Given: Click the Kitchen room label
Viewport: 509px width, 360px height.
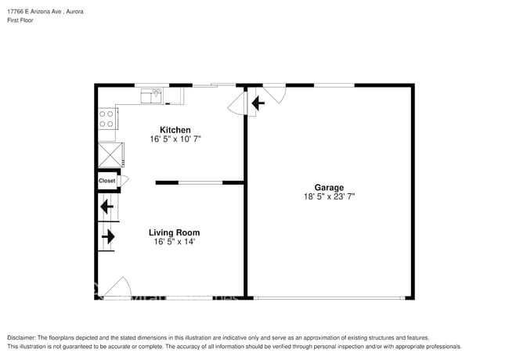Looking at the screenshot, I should click(175, 130).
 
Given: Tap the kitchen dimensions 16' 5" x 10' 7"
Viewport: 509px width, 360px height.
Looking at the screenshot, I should click(175, 139).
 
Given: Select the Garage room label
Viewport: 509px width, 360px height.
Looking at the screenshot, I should click(329, 188).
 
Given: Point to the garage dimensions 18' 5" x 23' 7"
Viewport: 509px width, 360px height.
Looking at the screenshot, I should click(329, 197).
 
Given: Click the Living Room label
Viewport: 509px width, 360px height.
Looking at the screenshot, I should click(174, 232).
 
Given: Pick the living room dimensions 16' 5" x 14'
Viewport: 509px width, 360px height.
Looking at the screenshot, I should click(174, 242).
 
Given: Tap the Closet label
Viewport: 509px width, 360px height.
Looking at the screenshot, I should click(107, 181).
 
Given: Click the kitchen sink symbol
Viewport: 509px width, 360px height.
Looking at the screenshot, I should click(151, 96).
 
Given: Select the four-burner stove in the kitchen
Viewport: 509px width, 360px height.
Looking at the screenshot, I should click(107, 119).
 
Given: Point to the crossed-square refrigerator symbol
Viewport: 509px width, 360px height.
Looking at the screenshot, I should click(107, 153).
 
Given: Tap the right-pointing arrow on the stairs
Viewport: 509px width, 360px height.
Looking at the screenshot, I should click(108, 236).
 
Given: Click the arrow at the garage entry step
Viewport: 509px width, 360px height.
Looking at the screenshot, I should click(257, 102).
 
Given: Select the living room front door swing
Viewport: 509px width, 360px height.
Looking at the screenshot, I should click(117, 287).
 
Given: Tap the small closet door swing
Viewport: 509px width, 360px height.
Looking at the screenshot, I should click(124, 181).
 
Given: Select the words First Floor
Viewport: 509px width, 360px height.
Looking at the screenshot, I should click(20, 21).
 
